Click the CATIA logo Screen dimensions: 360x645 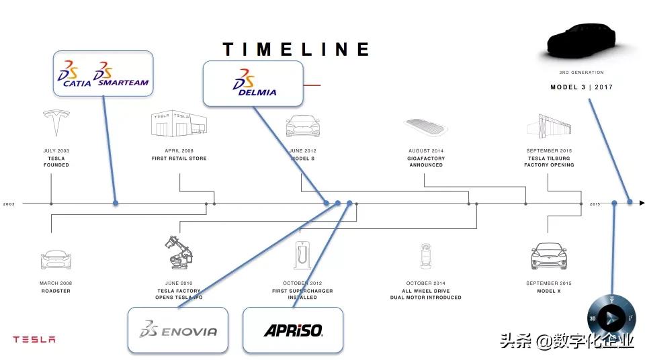pyautogui.click(x=74, y=76)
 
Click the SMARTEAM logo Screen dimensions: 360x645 pyautogui.click(x=122, y=76)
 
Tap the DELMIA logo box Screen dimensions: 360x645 pyautogui.click(x=253, y=83)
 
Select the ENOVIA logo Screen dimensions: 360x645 pyautogui.click(x=178, y=330)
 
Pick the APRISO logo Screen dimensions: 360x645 pyautogui.click(x=293, y=330)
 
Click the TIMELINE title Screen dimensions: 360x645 pyautogui.click(x=296, y=49)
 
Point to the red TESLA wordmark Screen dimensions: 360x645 pyautogui.click(x=34, y=339)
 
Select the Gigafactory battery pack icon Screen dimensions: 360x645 pyautogui.click(x=426, y=126)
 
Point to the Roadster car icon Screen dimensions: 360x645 pyautogui.click(x=56, y=259)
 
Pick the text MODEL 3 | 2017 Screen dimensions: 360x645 pyautogui.click(x=581, y=87)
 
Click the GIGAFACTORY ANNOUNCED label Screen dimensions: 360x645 pyautogui.click(x=426, y=162)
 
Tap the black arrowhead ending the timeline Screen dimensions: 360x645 pyautogui.click(x=642, y=202)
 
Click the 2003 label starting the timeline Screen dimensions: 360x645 pyautogui.click(x=9, y=204)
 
